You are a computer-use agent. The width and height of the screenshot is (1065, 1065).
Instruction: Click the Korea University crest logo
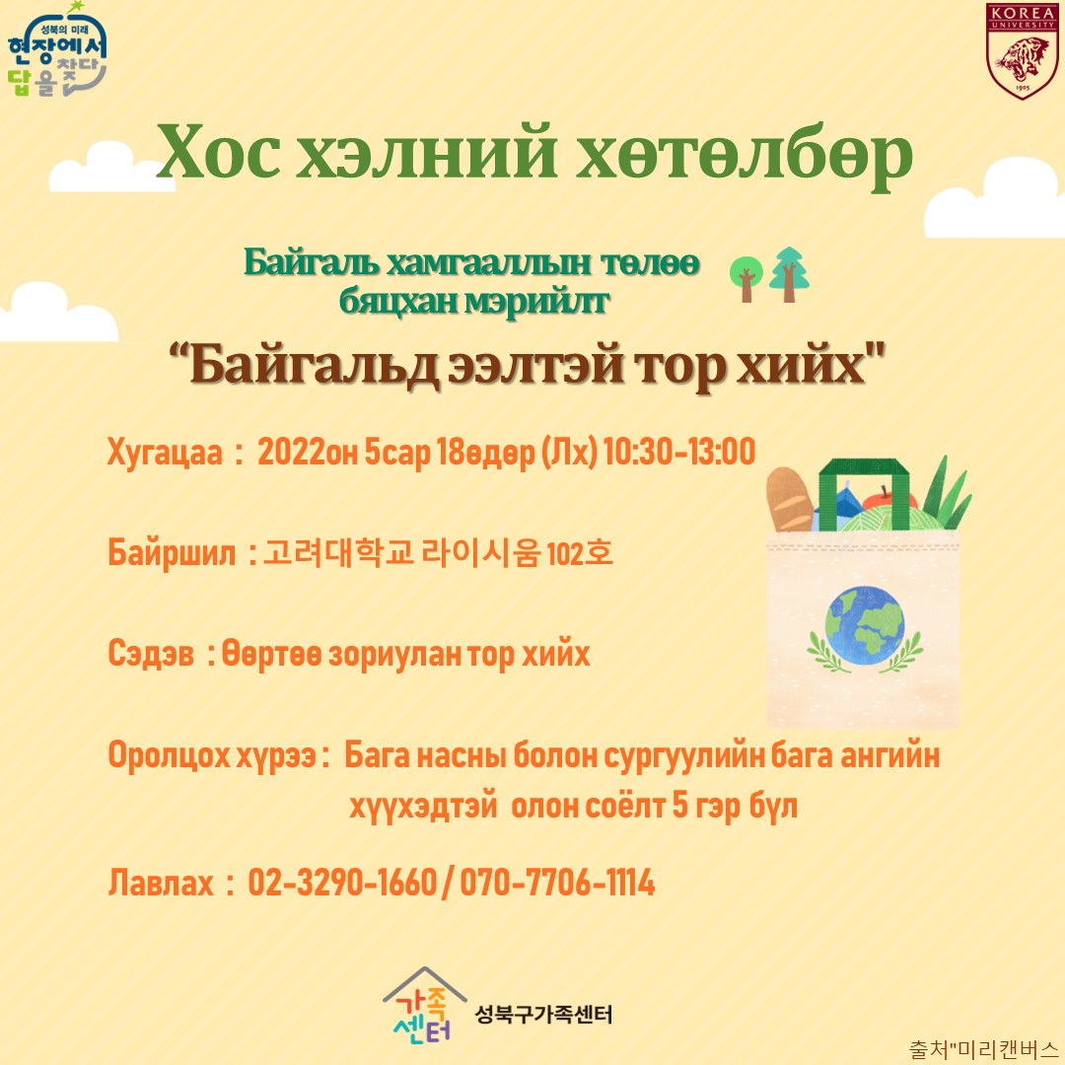1023,51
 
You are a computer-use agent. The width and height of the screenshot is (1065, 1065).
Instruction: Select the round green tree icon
745,278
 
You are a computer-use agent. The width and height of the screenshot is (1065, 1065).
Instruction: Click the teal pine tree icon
789,274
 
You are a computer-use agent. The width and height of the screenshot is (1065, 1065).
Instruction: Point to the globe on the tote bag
865,625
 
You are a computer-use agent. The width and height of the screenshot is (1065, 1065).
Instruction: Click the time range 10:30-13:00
679,451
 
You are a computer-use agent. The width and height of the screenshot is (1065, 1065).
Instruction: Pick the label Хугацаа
165,453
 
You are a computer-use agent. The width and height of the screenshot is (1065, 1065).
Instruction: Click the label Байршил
172,553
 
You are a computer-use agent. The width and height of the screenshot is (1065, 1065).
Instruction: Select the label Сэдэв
151,654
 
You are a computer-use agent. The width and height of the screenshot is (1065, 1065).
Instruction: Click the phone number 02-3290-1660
341,883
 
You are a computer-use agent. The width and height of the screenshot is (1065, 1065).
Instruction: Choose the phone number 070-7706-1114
557,883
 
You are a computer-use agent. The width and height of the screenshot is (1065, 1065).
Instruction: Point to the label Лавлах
161,883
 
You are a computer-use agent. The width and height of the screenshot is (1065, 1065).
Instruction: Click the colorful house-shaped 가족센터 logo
424,1005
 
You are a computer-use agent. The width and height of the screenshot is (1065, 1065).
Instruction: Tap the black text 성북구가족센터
543,1015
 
